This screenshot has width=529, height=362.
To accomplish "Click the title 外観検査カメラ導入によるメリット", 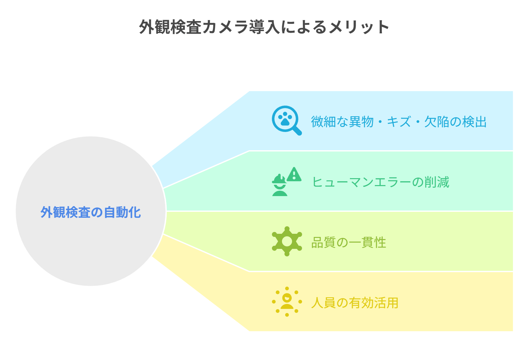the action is (x=264, y=27).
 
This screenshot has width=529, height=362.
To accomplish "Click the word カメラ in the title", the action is (x=225, y=27).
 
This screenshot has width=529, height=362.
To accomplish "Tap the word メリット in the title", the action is (x=359, y=27).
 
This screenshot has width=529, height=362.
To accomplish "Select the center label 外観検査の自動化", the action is (x=91, y=212).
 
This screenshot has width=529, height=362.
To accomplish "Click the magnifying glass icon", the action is (x=287, y=120).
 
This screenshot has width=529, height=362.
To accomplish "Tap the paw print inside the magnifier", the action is (x=285, y=118).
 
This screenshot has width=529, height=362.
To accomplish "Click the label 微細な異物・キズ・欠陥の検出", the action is (x=399, y=122).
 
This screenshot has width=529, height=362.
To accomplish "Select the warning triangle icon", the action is (x=294, y=174).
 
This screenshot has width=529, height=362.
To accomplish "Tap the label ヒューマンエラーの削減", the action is (x=380, y=182).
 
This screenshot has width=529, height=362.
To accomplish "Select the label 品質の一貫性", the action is (x=349, y=243).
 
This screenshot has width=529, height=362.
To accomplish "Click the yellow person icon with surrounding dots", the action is (x=287, y=302).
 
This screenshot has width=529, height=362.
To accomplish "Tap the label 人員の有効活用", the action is (x=355, y=303).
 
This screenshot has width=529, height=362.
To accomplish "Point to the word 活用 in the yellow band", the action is (x=386, y=303).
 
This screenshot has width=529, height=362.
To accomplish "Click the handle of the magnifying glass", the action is (x=297, y=131).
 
